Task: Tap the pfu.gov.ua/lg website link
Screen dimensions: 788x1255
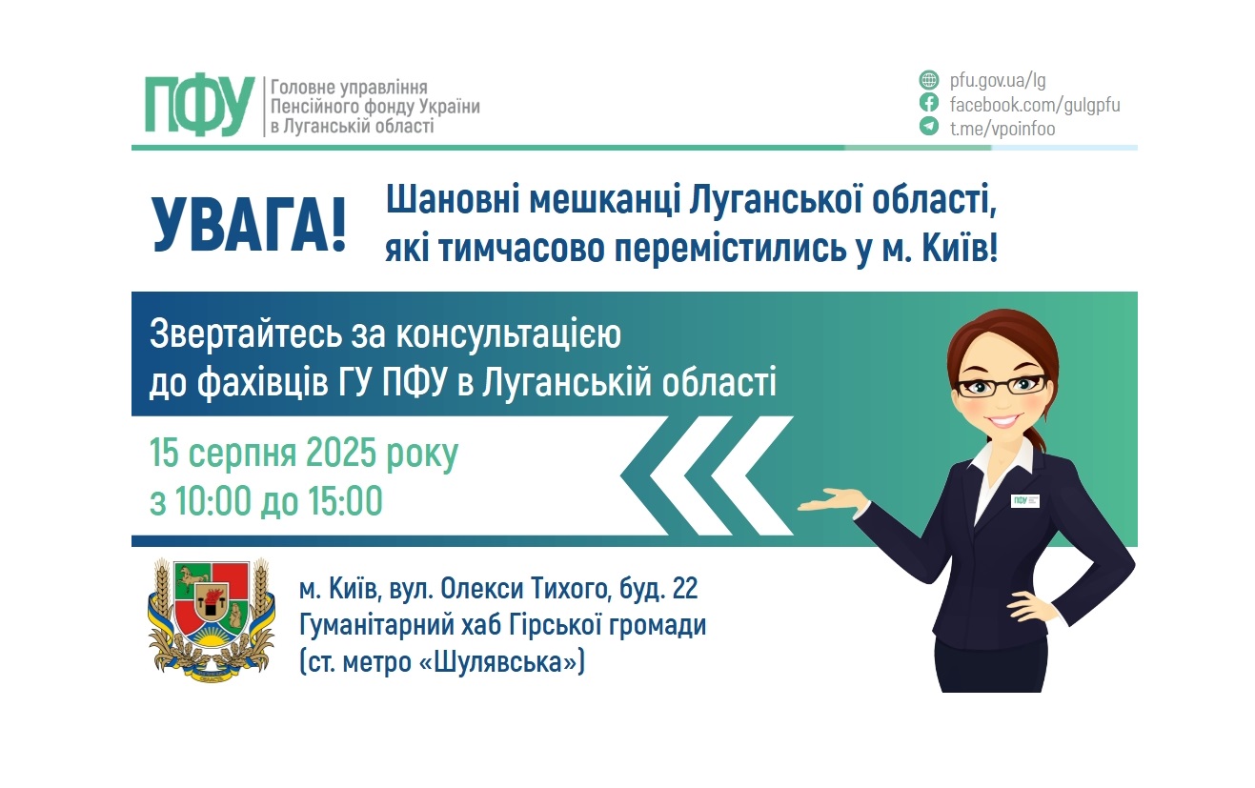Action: click(997, 80)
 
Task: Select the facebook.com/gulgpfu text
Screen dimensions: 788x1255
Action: click(1034, 104)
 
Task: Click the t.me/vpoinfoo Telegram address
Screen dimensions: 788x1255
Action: click(1002, 128)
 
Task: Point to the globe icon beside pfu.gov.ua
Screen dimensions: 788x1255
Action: click(928, 80)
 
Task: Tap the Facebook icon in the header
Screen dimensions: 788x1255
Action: click(928, 103)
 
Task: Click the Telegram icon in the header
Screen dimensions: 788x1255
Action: click(928, 127)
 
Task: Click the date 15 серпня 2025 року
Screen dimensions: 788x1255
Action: click(304, 454)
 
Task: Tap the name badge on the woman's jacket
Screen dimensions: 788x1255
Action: click(1025, 499)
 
